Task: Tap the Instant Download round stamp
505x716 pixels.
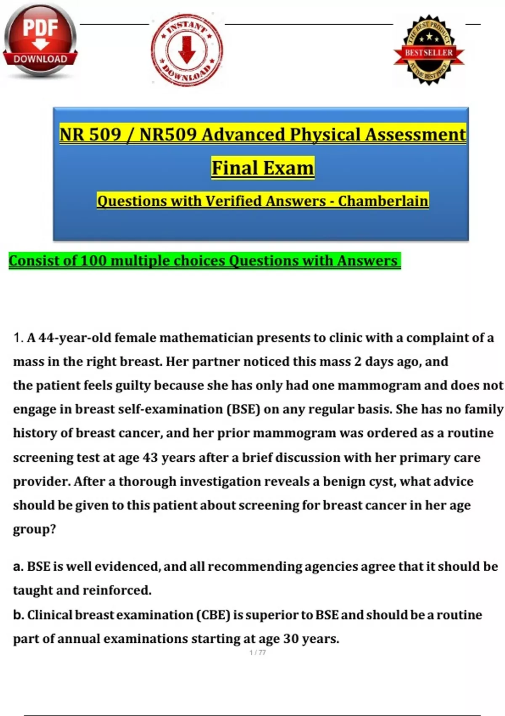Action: [x=187, y=50]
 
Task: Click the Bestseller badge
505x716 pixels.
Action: [x=429, y=51]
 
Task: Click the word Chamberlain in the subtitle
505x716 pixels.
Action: [x=383, y=201]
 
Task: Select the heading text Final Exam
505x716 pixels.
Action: [x=263, y=168]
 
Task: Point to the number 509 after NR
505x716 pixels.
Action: [x=104, y=135]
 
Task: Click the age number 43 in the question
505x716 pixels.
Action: [x=150, y=457]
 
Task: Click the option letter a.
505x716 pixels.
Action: [x=18, y=567]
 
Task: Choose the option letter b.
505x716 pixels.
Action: [x=18, y=615]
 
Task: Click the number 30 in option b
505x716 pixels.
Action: [x=291, y=639]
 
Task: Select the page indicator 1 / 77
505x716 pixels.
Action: [x=258, y=652]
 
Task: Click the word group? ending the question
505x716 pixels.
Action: [x=35, y=529]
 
